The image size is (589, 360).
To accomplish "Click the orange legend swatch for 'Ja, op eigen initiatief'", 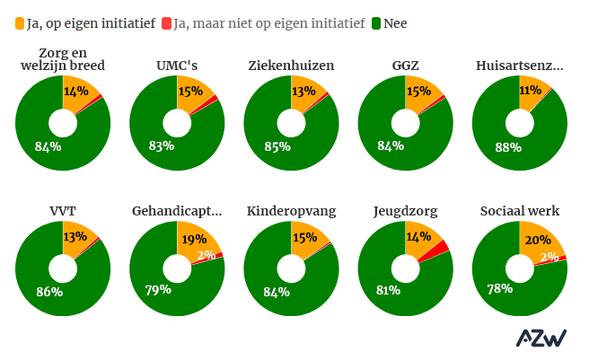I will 21,22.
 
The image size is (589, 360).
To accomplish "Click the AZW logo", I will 541,338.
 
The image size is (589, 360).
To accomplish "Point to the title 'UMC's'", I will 176,66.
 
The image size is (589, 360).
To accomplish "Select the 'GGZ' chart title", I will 404,66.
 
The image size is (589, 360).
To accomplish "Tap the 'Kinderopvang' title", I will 291,211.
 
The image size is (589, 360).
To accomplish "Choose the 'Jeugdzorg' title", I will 404,211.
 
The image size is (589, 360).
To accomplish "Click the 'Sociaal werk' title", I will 519,211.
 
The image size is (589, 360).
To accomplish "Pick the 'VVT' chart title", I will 62,211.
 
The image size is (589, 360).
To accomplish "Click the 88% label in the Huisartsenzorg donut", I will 508,146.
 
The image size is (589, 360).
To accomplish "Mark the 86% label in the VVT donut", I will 49,292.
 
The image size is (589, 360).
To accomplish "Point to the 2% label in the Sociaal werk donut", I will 549,258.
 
